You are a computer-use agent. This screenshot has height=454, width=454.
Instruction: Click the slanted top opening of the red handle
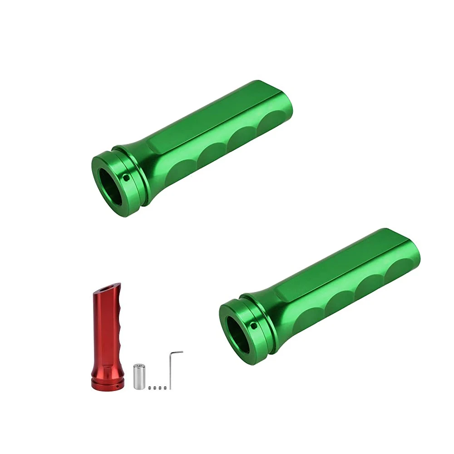coord(108,287)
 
